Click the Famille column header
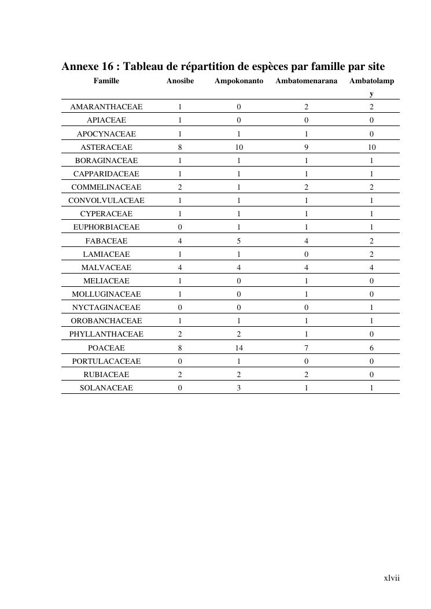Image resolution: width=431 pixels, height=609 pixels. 106,81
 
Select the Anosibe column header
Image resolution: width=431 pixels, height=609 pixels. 180,81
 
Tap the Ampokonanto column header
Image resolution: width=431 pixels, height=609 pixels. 239,81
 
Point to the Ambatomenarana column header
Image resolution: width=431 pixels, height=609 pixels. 306,81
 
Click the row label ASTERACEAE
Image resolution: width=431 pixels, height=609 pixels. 106,147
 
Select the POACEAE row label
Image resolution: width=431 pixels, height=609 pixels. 106,348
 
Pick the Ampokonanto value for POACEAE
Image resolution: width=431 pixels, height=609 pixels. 239,348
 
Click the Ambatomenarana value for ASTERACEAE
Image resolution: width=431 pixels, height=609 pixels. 306,147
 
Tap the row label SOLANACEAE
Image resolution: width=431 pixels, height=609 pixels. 106,388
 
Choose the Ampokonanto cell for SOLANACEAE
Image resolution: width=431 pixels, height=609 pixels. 239,388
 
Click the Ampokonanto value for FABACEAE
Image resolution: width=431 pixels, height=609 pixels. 239,241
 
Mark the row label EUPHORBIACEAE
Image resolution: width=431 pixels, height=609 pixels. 106,227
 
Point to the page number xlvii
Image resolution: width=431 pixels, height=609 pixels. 392,578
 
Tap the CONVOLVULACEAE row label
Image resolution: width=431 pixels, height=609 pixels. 106,201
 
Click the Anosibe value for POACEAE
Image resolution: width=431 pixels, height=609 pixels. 180,348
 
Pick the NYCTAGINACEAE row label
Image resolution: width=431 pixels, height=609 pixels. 106,308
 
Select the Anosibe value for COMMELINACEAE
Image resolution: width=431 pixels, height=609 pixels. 180,187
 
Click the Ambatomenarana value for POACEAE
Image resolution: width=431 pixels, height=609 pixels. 306,348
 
